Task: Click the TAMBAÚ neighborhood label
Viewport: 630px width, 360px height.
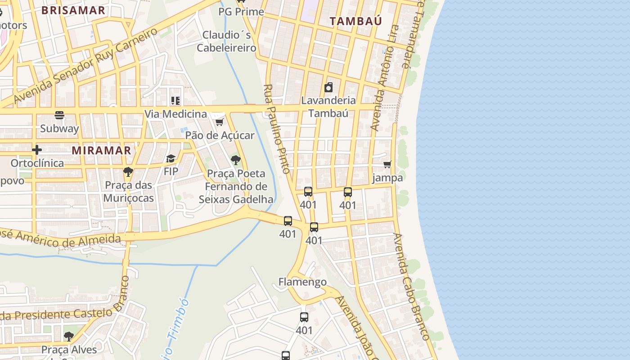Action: point(355,21)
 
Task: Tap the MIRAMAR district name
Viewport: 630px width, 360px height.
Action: point(101,150)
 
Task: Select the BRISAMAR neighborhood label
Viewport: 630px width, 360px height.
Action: point(73,10)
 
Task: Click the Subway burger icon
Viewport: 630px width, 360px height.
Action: point(59,115)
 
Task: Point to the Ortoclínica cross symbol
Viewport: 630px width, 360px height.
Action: point(37,150)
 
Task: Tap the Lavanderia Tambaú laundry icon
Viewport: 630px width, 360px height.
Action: point(329,87)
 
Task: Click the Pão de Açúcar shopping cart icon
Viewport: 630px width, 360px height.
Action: point(219,122)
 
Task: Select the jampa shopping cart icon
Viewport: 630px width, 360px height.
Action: point(387,165)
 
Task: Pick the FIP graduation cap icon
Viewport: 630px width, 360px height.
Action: point(171,158)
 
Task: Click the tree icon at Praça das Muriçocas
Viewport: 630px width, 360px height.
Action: point(128,171)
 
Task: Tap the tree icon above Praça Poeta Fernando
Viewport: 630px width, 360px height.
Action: point(235,160)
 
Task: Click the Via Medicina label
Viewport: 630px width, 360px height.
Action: point(175,114)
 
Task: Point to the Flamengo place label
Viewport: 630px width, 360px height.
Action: point(302,282)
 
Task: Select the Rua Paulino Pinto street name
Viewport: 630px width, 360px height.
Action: point(276,129)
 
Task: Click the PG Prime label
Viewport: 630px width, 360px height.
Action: point(241,12)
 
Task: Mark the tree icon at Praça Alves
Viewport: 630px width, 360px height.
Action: point(68,336)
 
